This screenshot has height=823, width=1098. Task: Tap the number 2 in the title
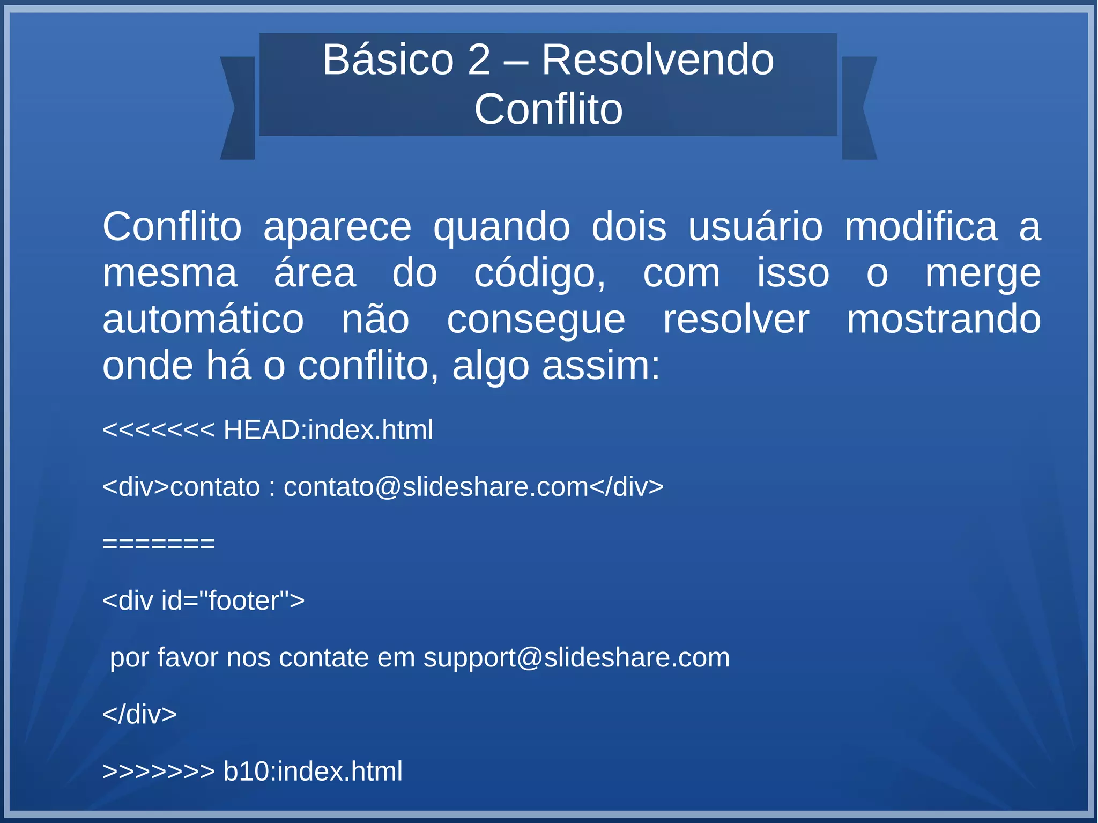[479, 60]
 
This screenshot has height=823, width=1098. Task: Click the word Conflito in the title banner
[548, 109]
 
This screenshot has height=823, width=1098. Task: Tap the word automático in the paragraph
[203, 320]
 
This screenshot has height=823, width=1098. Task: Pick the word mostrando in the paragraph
[944, 320]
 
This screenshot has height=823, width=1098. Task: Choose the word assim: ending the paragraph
[600, 366]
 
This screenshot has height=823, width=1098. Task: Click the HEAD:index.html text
[328, 430]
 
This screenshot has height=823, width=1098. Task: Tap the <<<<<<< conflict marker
[158, 430]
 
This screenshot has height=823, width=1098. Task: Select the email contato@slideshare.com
[436, 487]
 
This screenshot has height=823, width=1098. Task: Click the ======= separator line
[158, 544]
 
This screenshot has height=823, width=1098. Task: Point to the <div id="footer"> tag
[203, 600]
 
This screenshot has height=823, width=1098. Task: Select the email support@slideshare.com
[576, 657]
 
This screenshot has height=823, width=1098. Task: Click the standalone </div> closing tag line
[139, 714]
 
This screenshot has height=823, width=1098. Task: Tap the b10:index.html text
[313, 771]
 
